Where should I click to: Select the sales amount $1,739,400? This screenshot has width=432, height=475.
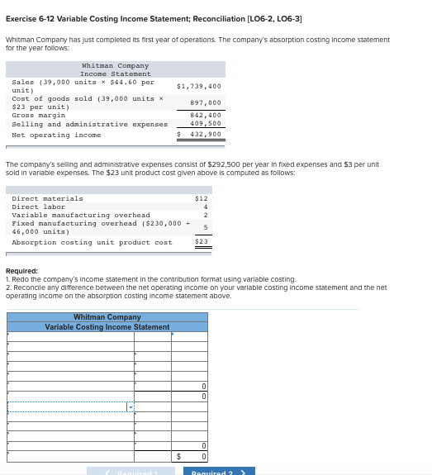click(x=199, y=86)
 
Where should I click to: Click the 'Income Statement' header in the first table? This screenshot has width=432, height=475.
click(x=116, y=74)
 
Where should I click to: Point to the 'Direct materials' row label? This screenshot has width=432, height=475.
click(x=47, y=198)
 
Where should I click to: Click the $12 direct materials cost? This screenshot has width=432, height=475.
click(x=201, y=198)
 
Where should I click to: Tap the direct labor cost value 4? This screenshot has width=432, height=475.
click(x=205, y=207)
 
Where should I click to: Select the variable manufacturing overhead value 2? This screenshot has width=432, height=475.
click(x=205, y=215)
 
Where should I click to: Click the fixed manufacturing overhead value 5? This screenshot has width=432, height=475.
click(x=205, y=226)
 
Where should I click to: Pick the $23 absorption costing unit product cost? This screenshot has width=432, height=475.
click(x=201, y=241)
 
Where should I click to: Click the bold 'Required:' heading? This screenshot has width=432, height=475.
click(x=21, y=271)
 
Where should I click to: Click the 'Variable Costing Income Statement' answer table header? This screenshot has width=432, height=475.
click(x=107, y=327)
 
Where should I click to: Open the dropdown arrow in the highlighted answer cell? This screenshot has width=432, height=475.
click(x=130, y=407)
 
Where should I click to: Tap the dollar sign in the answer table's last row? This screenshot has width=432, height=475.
click(x=178, y=456)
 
